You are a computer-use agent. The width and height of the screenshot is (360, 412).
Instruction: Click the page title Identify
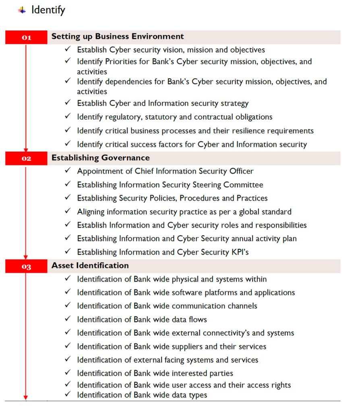48,10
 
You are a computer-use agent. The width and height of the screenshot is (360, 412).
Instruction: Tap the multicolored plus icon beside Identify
22,10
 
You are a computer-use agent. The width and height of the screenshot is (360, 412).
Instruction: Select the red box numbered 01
26,37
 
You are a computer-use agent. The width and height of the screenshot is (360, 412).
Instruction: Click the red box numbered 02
26,159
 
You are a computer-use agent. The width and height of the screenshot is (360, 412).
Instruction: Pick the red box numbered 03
26,266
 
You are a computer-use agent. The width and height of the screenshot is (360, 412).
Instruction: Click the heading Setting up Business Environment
118,37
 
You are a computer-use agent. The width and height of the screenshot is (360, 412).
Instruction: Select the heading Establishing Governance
100,158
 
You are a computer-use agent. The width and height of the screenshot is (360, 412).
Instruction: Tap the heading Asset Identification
90,266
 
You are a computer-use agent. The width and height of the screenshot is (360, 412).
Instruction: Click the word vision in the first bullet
174,50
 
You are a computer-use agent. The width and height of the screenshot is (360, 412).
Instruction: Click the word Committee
243,185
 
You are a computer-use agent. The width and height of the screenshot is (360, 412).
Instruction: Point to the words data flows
188,319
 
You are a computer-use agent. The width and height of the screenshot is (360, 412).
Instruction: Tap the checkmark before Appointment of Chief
67,171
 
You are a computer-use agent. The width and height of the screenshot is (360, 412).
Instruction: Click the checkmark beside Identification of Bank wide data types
67,394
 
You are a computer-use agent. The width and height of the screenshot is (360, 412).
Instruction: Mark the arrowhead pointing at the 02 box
26,149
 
